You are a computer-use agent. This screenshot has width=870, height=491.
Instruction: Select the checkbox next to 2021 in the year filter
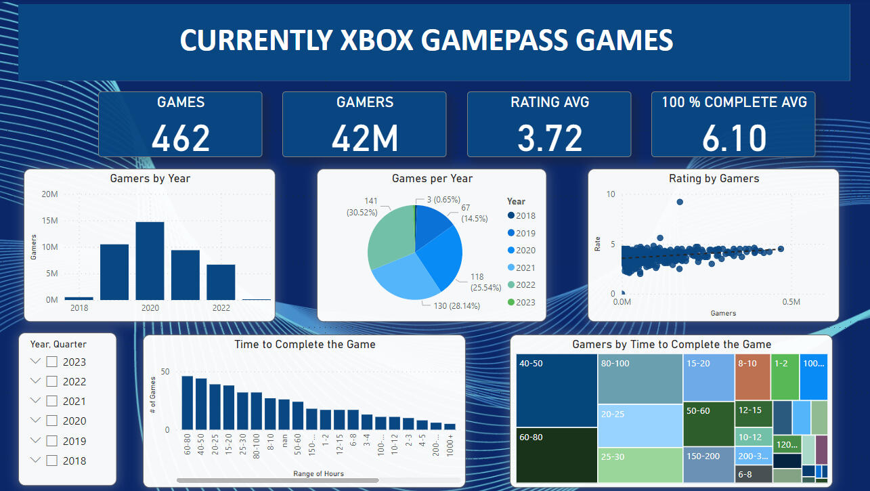(x=51, y=402)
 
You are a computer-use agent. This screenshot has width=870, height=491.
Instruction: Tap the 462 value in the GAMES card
(x=181, y=137)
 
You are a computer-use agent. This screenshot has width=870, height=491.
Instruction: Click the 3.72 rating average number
(x=549, y=137)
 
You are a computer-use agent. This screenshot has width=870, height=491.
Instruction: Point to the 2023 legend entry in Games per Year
(x=520, y=302)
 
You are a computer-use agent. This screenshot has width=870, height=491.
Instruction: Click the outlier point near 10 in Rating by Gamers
(x=680, y=202)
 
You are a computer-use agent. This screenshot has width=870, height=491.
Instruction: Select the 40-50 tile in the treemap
(x=556, y=391)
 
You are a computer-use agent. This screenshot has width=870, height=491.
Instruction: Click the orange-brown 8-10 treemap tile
(x=752, y=377)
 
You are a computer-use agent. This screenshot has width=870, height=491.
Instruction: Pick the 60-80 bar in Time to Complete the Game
(x=187, y=402)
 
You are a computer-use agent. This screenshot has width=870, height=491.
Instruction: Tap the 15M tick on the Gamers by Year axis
(x=49, y=221)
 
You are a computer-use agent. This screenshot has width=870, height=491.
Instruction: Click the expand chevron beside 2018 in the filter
(x=36, y=461)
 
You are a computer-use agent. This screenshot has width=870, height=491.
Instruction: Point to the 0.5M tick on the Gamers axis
(x=791, y=301)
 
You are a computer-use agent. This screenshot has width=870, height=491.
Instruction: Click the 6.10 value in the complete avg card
(x=734, y=137)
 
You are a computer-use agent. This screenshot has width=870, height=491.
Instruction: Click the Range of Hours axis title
(x=318, y=473)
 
